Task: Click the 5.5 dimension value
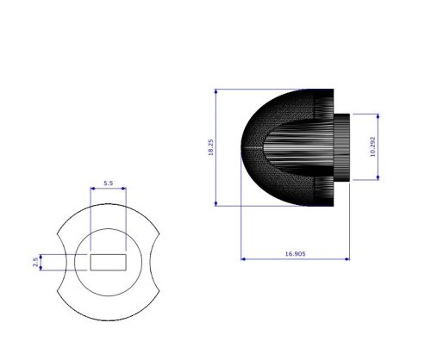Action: coord(108,183)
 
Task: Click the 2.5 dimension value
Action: coord(35,261)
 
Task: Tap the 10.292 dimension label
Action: coord(372,147)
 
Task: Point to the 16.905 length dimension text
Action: coord(295,253)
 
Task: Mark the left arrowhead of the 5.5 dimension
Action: coord(92,189)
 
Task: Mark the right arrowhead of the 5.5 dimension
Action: coord(124,189)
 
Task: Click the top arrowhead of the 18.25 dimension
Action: coord(216,91)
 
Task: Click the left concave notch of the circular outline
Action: coord(62,262)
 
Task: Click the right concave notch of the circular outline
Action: coord(155,262)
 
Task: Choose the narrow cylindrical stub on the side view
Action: coord(341,147)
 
